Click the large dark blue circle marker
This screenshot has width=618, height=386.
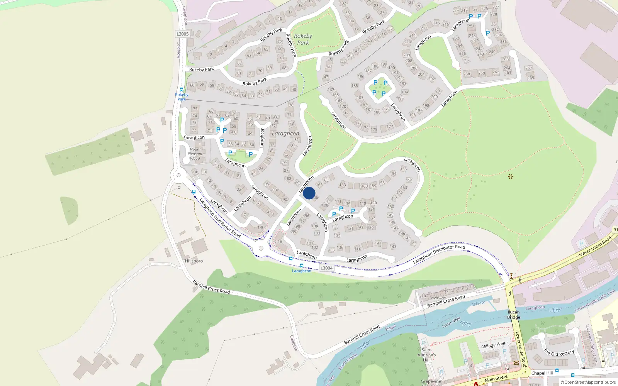309,193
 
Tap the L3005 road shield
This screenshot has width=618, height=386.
183,34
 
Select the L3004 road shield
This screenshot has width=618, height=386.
326,268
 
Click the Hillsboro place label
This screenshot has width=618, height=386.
194,261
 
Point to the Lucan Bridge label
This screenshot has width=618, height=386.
514,315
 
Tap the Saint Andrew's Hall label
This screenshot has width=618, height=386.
427,355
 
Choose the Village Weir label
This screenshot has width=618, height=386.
494,345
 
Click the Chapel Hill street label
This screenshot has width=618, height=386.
542,373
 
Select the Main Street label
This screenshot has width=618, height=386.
496,378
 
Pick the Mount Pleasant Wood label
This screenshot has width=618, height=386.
195,154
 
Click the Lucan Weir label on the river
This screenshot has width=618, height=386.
451,323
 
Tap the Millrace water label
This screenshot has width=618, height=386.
478,303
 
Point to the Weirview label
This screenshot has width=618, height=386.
438,298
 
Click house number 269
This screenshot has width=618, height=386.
531,78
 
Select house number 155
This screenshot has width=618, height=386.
404,169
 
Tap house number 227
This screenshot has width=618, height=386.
496,7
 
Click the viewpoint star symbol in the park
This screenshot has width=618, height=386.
511,176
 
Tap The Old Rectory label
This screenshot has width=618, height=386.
559,353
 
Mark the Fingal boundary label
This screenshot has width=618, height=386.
390,328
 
